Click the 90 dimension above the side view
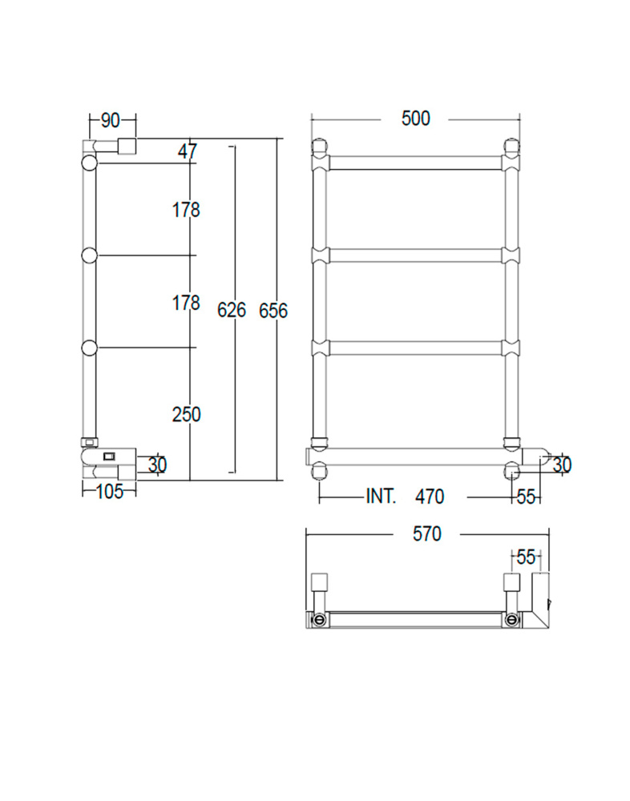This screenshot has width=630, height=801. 110,121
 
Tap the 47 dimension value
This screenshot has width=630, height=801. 188,151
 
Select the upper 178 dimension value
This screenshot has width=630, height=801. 186,209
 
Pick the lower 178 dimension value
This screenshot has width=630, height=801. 186,303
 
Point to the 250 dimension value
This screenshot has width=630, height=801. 186,414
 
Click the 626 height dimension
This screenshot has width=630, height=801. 231,310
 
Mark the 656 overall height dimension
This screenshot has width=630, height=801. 273,311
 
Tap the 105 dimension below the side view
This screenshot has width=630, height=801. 110,492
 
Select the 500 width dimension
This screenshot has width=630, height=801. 416,119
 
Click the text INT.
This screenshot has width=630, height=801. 381,496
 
